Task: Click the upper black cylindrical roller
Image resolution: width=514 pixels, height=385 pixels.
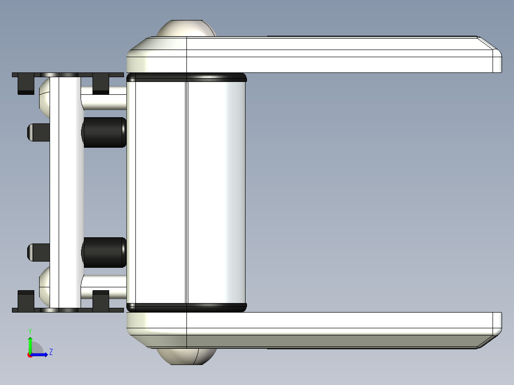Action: pyautogui.click(x=104, y=132)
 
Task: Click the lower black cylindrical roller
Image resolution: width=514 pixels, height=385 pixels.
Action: pyautogui.click(x=104, y=253)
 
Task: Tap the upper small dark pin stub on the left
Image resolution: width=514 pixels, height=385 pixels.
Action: pyautogui.click(x=38, y=132)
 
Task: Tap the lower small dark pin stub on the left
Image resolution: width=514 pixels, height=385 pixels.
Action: pyautogui.click(x=38, y=252)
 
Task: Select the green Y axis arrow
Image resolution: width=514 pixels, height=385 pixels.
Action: pyautogui.click(x=30, y=343)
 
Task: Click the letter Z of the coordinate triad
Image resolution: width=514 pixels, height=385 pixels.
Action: pyautogui.click(x=51, y=352)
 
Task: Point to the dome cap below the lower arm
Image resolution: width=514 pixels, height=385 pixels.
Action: pyautogui.click(x=186, y=356)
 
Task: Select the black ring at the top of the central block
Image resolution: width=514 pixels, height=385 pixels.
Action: pyautogui.click(x=186, y=77)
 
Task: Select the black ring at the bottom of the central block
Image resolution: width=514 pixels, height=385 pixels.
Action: pyautogui.click(x=186, y=307)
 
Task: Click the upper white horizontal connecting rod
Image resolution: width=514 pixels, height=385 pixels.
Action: pyautogui.click(x=104, y=101)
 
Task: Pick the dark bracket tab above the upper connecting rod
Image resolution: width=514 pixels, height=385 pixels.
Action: pyautogui.click(x=101, y=84)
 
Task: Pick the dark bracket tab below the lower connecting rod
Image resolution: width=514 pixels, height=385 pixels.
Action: pyautogui.click(x=101, y=300)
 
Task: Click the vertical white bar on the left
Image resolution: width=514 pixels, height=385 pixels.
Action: pyautogui.click(x=66, y=191)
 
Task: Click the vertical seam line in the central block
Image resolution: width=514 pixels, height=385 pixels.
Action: pyautogui.click(x=186, y=191)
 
